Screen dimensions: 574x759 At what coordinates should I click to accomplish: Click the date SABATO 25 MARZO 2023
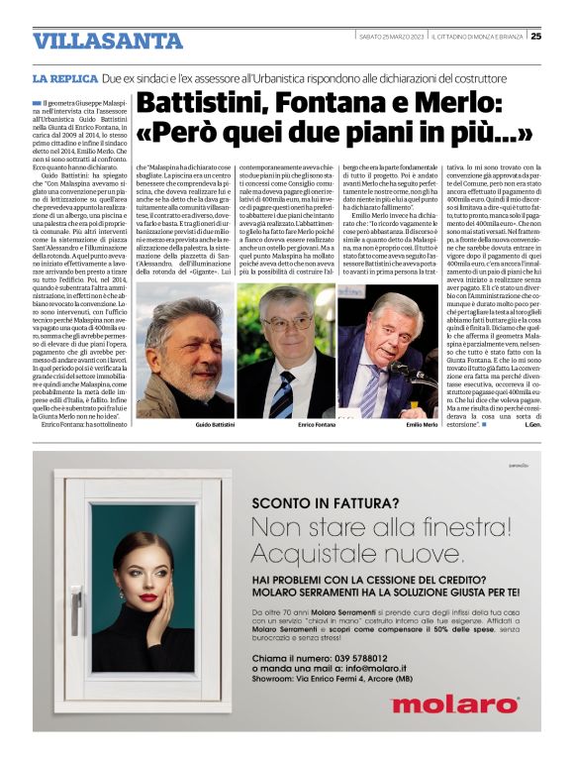391,38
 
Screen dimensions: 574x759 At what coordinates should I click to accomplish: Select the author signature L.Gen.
529,424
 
